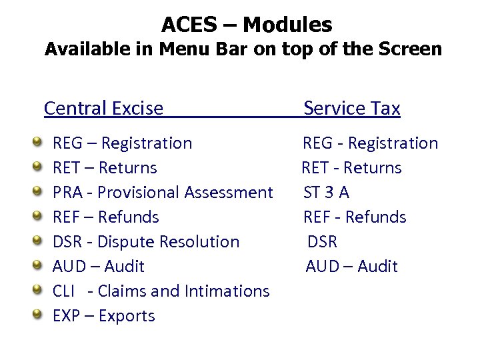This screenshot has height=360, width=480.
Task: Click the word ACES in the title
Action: (189, 25)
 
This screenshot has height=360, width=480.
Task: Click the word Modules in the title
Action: (287, 25)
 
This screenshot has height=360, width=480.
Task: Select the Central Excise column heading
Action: (103, 108)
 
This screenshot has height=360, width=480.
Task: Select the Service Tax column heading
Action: (351, 108)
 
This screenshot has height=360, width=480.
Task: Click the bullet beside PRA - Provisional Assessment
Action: (39, 192)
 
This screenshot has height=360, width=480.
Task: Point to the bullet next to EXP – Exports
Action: (39, 315)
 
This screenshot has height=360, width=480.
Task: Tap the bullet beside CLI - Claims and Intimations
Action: (39, 291)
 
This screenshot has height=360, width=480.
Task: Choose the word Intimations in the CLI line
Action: (229, 291)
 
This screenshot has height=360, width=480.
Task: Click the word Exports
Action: (127, 316)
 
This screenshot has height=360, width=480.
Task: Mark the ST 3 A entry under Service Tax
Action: (326, 193)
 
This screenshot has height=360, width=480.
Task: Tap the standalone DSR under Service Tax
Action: (323, 242)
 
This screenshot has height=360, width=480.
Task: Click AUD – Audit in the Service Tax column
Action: (351, 267)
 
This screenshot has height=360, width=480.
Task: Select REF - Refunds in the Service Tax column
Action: (355, 217)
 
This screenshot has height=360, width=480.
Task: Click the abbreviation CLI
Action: (64, 291)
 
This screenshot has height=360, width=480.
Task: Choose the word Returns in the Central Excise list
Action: (127, 168)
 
